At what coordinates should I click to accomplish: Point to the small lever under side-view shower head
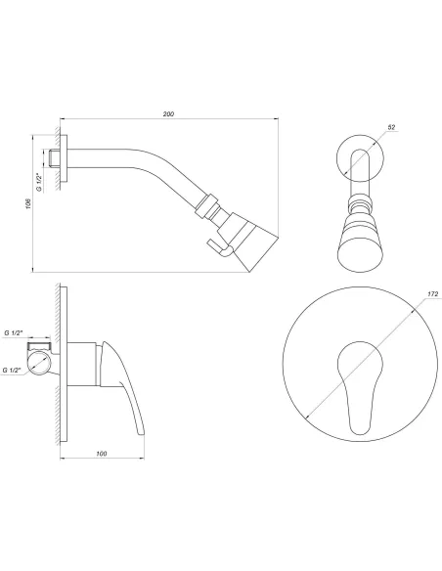(x=219, y=250)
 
